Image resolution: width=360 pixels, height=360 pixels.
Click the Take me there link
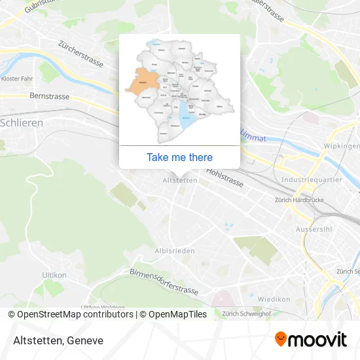(x=179, y=157)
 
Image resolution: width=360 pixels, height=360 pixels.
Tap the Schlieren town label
(x=22, y=122)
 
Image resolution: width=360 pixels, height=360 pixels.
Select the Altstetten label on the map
(x=179, y=180)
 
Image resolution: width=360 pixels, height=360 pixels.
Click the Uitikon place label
(x=54, y=275)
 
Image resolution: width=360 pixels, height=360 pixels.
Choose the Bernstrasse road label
(x=49, y=96)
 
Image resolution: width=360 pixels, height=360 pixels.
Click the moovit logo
(x=310, y=339)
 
